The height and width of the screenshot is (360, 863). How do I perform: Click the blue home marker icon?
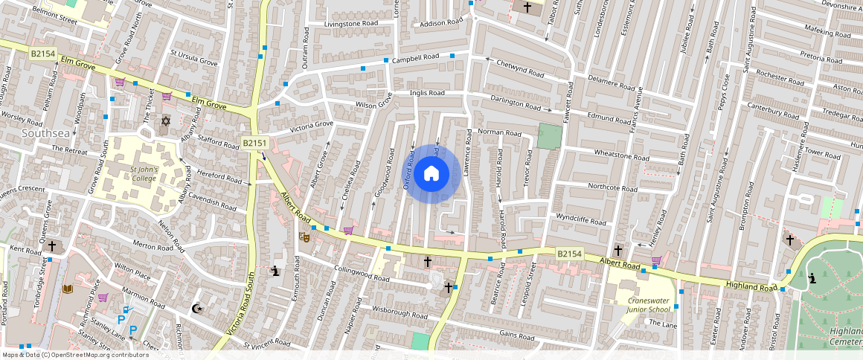pos(431,174)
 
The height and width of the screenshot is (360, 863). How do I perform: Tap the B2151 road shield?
pos(254,142)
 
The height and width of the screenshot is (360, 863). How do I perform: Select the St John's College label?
pos(144,173)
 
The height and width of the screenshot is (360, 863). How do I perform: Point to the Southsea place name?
pos(45,132)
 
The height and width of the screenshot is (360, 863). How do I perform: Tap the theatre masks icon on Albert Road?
pos(304,237)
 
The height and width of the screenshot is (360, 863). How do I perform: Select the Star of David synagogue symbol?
pos(165,120)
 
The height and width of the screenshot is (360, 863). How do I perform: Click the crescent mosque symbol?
pos(197,309)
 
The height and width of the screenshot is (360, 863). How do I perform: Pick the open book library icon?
pos(68,289)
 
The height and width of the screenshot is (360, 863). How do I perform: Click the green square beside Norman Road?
pos(549,137)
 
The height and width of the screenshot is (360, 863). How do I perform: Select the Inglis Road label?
pos(427,93)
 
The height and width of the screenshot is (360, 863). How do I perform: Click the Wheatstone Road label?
pos(621,156)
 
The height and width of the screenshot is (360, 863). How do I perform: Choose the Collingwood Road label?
pos(362,273)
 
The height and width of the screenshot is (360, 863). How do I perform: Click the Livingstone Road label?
pos(350,24)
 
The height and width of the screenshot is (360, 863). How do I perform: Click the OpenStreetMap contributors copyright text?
pos(75,355)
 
